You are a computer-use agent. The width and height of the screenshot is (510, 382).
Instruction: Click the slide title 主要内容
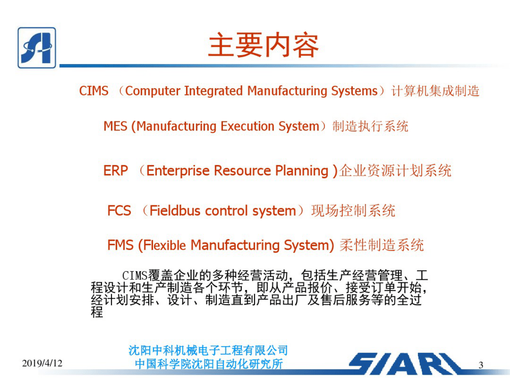click(263, 46)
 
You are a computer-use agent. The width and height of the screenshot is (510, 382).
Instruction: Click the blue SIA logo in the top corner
click(37, 47)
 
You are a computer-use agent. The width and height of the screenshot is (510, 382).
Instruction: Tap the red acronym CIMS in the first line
click(93, 91)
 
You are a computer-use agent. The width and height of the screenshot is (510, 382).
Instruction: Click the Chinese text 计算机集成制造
click(435, 91)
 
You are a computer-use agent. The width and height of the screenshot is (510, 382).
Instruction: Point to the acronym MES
click(115, 126)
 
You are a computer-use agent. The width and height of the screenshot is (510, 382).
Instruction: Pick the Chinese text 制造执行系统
click(370, 126)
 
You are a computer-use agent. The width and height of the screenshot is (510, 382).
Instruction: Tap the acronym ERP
click(116, 171)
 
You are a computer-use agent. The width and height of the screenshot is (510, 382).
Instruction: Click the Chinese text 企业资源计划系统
click(395, 171)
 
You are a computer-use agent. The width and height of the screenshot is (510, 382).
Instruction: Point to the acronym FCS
click(119, 211)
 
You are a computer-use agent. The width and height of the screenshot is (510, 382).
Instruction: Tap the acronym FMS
click(120, 245)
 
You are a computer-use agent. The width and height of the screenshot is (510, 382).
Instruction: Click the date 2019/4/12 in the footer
click(42, 364)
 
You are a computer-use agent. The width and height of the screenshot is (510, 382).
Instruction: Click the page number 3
click(480, 365)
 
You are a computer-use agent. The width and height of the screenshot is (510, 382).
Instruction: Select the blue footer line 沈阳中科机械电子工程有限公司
click(208, 351)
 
